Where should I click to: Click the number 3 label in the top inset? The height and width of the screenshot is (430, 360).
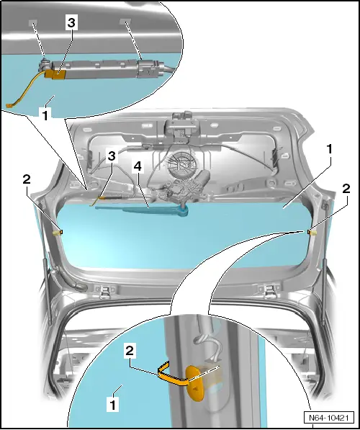[x=71, y=23]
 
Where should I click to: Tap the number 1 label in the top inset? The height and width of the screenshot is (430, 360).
[x=45, y=115]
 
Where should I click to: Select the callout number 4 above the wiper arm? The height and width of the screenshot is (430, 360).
[x=138, y=166]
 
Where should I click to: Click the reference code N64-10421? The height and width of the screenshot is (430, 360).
[x=329, y=418]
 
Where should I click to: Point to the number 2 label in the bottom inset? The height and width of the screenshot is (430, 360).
[x=130, y=351]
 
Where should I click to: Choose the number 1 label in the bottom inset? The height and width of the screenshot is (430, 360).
[x=112, y=404]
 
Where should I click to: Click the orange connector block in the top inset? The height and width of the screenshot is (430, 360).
[x=55, y=74]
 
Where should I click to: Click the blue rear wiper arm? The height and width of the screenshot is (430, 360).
[x=143, y=210]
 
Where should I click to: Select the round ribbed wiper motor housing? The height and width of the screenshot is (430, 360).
[x=179, y=164]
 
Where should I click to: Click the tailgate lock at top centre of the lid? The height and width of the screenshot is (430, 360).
[x=181, y=124]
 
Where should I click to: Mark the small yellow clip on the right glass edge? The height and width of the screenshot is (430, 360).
[x=312, y=233]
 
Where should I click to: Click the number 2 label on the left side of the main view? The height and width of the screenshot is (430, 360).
[x=27, y=180]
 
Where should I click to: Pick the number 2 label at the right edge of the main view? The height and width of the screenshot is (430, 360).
[x=346, y=189]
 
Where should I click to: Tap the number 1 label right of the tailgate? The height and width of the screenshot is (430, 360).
[x=329, y=150]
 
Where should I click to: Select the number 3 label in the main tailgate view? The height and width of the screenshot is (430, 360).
[x=112, y=156]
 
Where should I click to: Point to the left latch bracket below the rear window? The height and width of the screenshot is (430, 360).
[x=105, y=292]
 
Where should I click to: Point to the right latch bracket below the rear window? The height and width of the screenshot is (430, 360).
[x=269, y=292]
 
